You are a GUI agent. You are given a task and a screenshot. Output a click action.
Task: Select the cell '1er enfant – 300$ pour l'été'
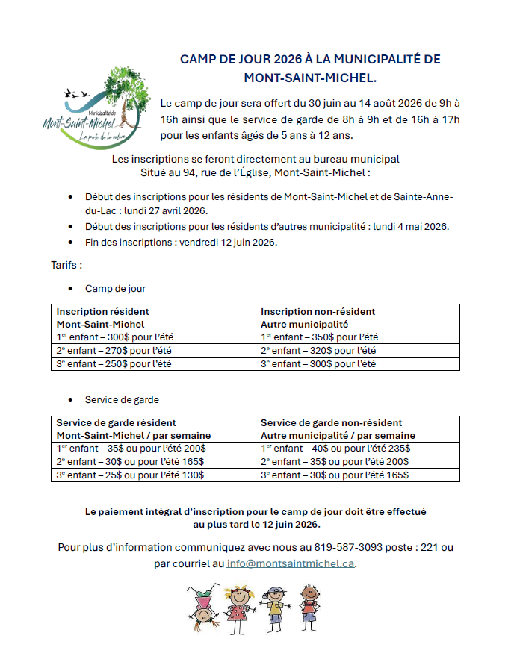(114, 337)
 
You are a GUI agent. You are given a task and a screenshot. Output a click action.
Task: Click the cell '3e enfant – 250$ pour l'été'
(114, 364)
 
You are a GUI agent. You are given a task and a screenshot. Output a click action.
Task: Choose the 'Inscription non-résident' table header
(318, 311)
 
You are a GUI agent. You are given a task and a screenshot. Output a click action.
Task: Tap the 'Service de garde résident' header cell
(117, 423)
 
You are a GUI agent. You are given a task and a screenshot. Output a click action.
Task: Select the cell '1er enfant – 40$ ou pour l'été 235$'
(335, 449)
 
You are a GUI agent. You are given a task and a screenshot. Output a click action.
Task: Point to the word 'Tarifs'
(65, 265)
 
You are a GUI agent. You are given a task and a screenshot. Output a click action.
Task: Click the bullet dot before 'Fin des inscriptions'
(70, 243)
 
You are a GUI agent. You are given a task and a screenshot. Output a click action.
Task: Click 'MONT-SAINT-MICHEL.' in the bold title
(310, 77)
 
